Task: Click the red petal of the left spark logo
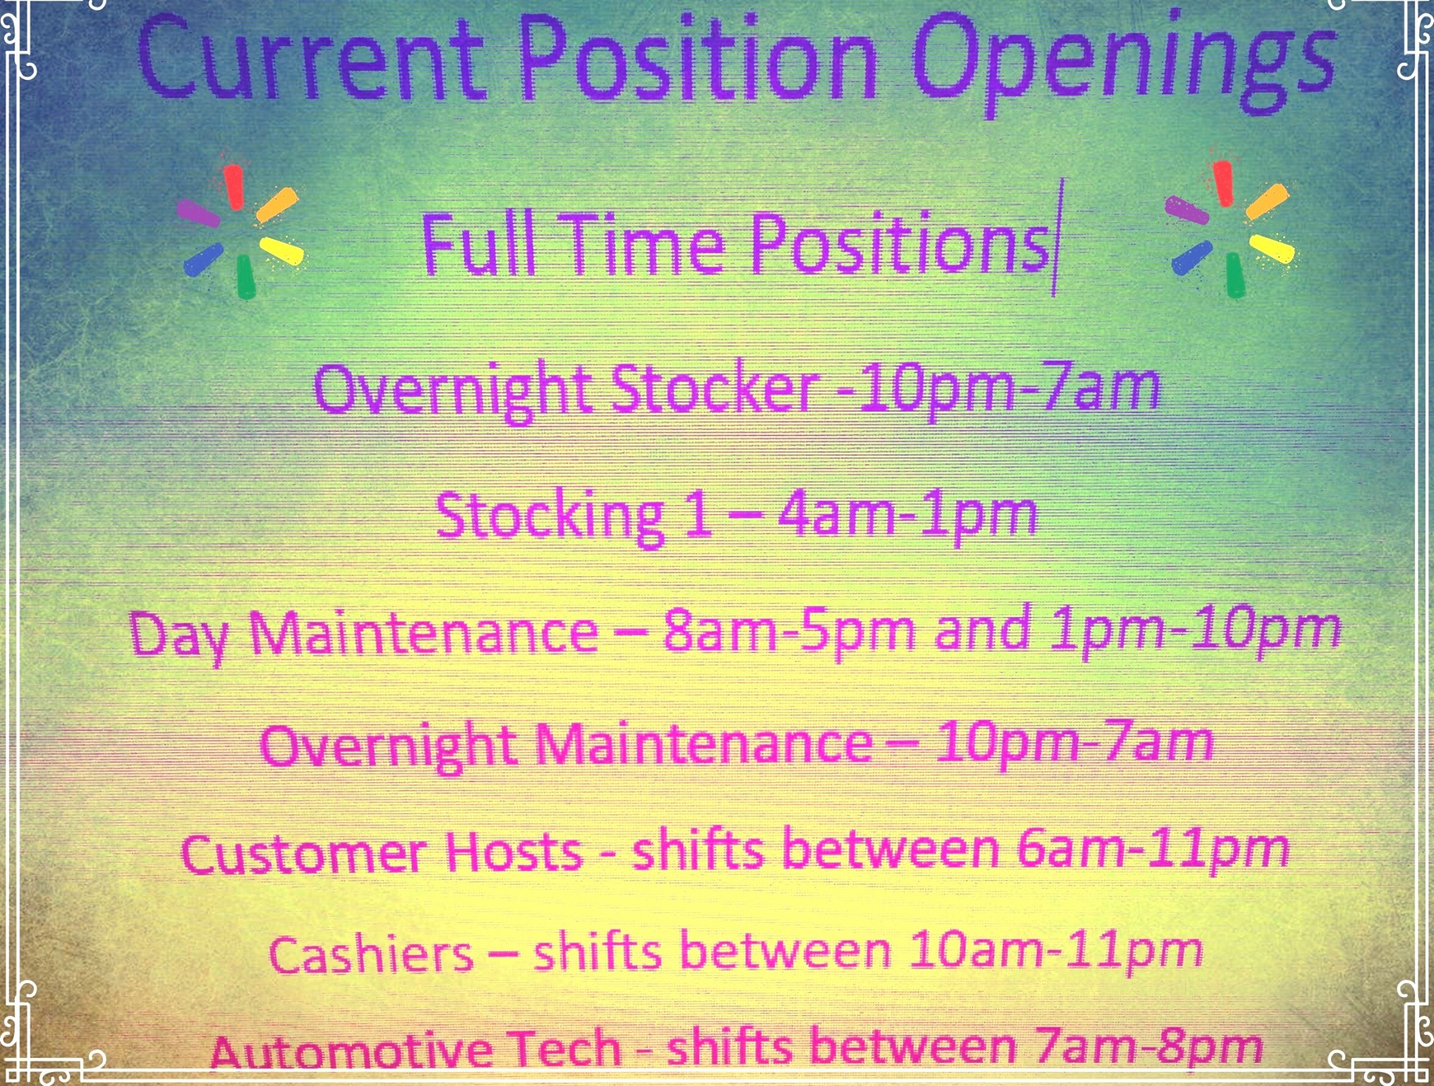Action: pyautogui.click(x=235, y=186)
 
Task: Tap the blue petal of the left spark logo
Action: pyautogui.click(x=203, y=258)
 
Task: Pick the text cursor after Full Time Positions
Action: pyautogui.click(x=1053, y=237)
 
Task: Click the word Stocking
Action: pyautogui.click(x=550, y=517)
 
